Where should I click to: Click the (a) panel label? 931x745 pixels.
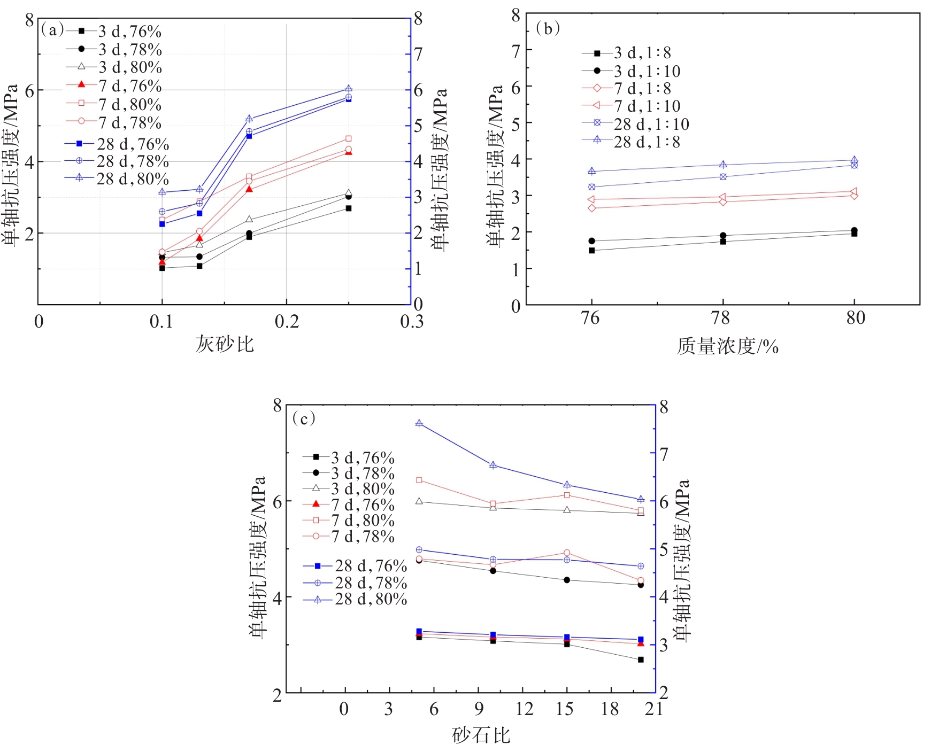52,30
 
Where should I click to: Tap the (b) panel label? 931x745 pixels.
548,28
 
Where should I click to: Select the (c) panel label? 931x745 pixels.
304,418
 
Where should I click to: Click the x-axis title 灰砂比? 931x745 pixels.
224,344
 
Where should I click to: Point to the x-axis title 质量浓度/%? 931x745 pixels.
727,346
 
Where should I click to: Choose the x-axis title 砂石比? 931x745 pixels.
481,735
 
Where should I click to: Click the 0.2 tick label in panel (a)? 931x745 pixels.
287,322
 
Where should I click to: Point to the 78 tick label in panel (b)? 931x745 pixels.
721,319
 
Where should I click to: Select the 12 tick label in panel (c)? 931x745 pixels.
524,709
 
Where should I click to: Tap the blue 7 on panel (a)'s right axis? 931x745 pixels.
418,54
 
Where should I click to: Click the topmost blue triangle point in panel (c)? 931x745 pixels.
419,423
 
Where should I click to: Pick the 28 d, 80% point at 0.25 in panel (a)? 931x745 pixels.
349,89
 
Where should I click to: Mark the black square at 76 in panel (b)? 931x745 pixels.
592,250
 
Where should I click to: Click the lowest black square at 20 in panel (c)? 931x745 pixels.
641,659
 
